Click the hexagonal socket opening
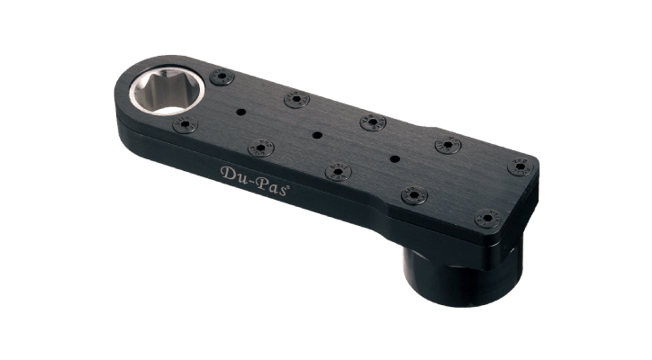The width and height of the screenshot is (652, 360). click(167, 91)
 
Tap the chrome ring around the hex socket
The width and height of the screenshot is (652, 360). click(132, 94)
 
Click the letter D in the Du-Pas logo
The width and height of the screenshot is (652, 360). click(228, 173)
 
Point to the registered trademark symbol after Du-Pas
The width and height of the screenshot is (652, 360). click(288, 187)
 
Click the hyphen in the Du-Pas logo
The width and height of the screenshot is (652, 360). click(250, 180)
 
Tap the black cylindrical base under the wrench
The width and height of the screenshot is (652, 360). click(461, 274)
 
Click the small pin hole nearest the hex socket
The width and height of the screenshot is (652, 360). click(240, 112)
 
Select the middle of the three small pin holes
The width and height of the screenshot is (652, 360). click(317, 135)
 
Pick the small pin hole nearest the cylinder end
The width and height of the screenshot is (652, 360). click(395, 158)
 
